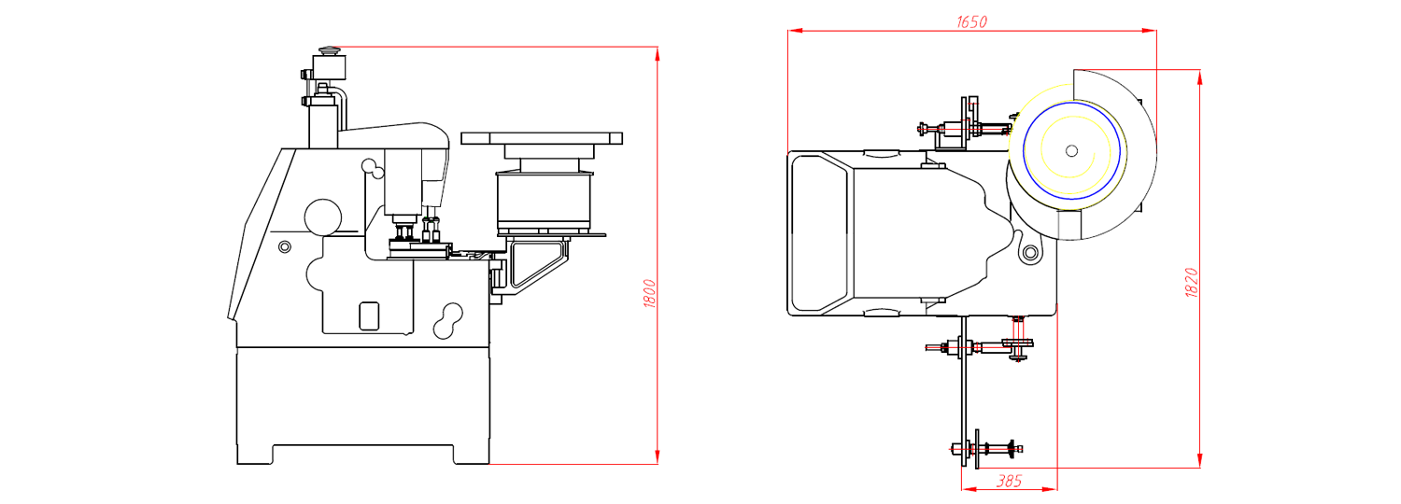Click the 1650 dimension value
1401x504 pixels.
click(x=971, y=21)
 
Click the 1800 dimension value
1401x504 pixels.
click(x=649, y=294)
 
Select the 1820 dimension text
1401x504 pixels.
click(x=1192, y=282)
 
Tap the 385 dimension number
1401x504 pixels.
click(x=1009, y=481)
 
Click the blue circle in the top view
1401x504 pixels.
click(x=1071, y=150)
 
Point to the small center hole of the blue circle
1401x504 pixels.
click(x=1071, y=150)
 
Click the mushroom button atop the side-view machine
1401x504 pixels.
click(x=329, y=50)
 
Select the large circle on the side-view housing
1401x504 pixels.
click(x=323, y=217)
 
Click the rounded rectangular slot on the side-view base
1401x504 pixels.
click(x=369, y=315)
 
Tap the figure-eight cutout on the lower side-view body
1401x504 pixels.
click(x=448, y=321)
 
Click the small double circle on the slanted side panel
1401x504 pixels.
click(x=285, y=246)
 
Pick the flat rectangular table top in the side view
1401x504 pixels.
click(x=542, y=138)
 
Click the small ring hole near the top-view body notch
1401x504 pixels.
click(x=1030, y=253)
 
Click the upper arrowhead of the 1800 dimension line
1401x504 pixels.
click(x=658, y=54)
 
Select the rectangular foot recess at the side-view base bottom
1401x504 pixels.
click(x=362, y=455)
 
